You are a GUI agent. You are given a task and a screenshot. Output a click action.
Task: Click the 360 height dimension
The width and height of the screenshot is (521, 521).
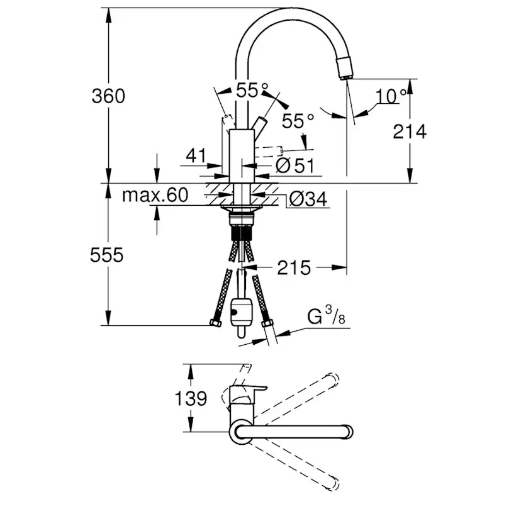[x=108, y=96]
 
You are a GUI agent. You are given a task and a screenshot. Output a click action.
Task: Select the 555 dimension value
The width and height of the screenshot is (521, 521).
[x=107, y=255]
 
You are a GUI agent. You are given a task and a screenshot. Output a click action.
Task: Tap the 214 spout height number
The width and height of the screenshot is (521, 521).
[x=410, y=132]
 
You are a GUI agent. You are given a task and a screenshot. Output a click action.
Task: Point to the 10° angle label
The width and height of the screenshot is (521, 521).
[x=391, y=96]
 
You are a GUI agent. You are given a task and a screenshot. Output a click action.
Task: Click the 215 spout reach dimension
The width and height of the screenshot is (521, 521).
[x=293, y=268]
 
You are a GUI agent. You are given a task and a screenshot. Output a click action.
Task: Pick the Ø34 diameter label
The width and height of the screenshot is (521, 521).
[x=308, y=199]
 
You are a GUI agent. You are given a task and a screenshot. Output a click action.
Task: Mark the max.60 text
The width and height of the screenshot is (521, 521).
[x=155, y=195]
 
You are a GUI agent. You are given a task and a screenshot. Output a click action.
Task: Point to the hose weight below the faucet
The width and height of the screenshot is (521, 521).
[x=241, y=311]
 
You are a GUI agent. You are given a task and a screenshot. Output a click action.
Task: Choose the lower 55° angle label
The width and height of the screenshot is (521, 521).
[x=297, y=121]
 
